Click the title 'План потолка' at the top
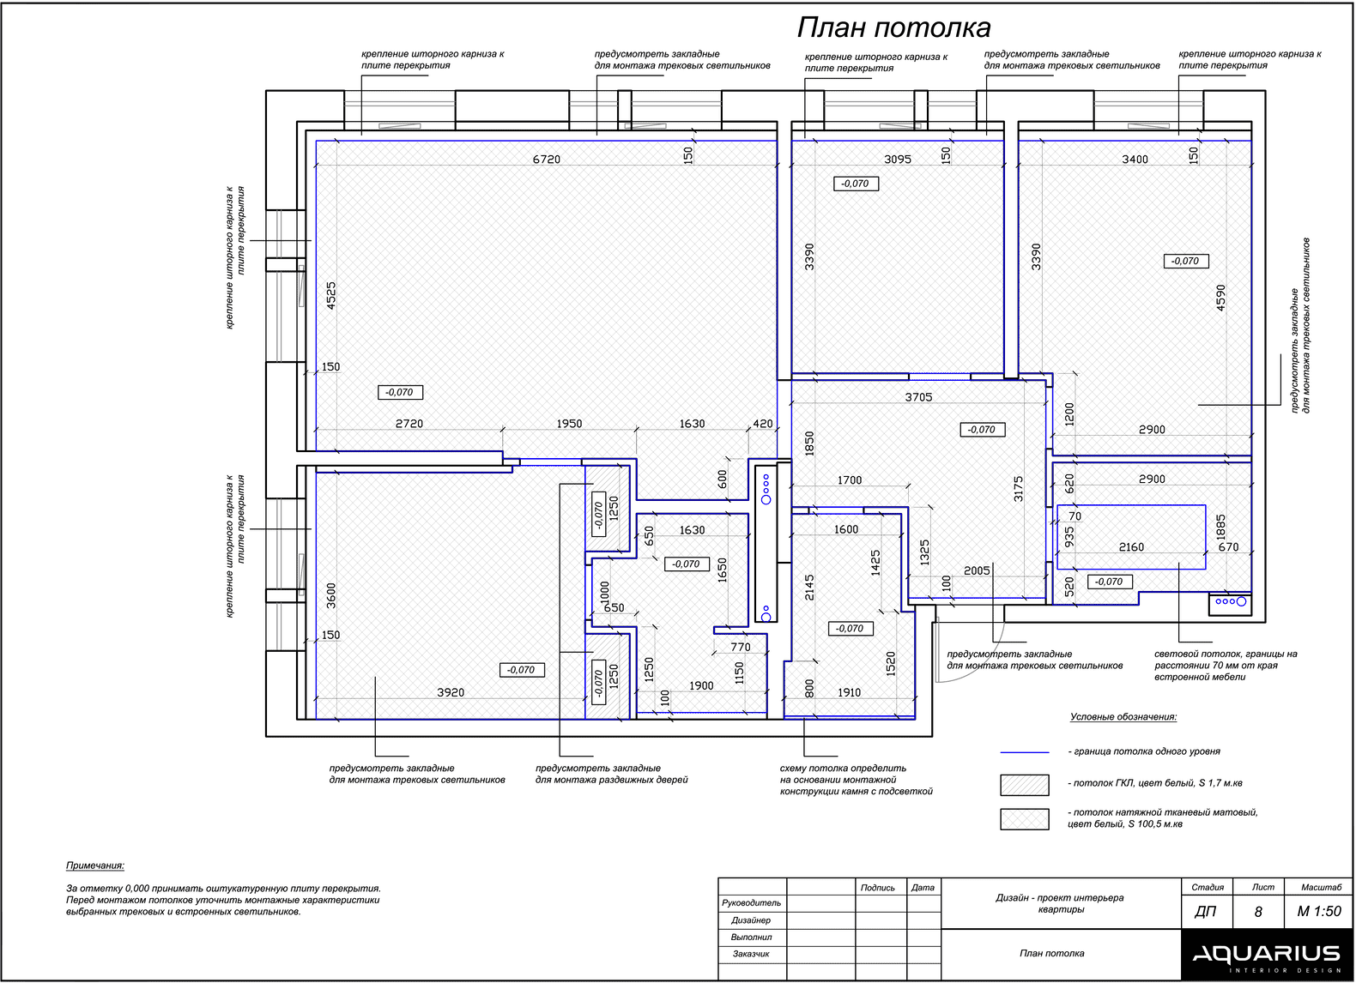(893, 28)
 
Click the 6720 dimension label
(547, 160)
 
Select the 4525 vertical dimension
(331, 295)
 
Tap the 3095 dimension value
(898, 160)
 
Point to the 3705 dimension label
(918, 397)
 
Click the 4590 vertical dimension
(1221, 297)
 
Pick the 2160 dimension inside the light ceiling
(1131, 547)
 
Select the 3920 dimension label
(451, 692)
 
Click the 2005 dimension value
(977, 570)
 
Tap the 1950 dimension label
(569, 424)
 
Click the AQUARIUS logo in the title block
(1266, 955)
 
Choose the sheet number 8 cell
(1258, 912)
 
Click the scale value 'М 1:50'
(1319, 912)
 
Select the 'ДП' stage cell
(1206, 912)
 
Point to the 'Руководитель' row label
(752, 903)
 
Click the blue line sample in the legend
(1024, 752)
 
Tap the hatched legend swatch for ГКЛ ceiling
(1024, 784)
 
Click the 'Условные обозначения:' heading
(1123, 717)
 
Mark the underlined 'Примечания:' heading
(95, 866)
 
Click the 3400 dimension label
(1135, 160)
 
